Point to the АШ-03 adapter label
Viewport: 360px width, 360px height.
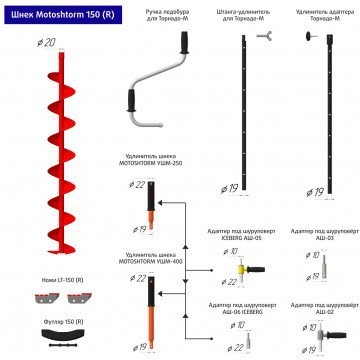317,236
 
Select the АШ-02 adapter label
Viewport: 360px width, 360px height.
317,307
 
